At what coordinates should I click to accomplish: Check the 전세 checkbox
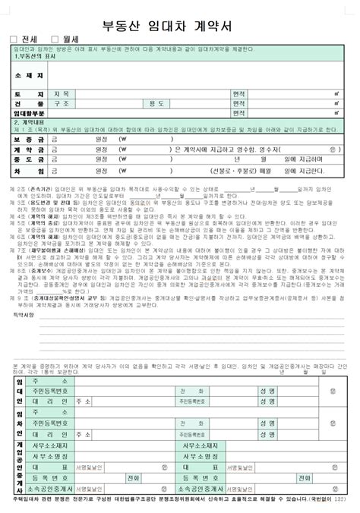tap(14, 39)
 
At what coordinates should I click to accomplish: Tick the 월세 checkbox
tap(55, 39)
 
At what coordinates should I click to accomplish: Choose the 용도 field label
tap(156, 103)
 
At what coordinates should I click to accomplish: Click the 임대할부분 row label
tap(27, 113)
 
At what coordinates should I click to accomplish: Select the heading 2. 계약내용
tap(28, 122)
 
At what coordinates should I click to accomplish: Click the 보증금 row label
tap(26, 140)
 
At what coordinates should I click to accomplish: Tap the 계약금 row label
tap(26, 149)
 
